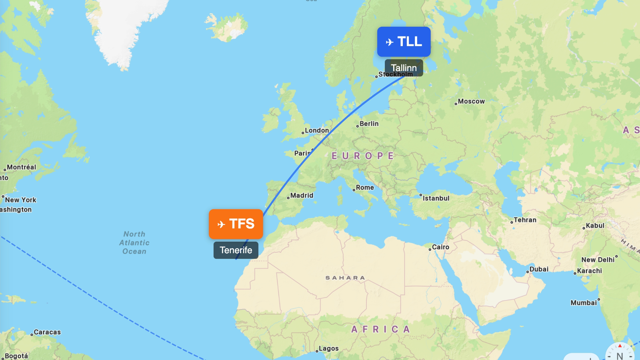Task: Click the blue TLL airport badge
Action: coord(404,42)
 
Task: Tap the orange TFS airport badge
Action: coord(236,224)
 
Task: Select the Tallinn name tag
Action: coord(404,68)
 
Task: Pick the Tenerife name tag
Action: coord(236,250)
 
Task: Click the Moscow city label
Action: coord(471,102)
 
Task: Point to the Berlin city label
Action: coord(368,124)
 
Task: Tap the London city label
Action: coord(316,130)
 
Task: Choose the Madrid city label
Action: coord(301,196)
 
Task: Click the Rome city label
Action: coord(364,188)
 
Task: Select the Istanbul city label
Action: coord(436,198)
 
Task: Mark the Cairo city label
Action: coord(440,247)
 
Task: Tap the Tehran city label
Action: coord(524,220)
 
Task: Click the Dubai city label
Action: coord(538,269)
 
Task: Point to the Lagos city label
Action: coord(328,349)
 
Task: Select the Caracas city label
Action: coord(47,332)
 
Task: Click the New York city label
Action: coord(20,200)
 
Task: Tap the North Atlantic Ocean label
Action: coord(134,243)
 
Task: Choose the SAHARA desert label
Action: coord(345,278)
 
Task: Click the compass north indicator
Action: coord(620,354)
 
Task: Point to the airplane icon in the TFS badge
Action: coord(221,224)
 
